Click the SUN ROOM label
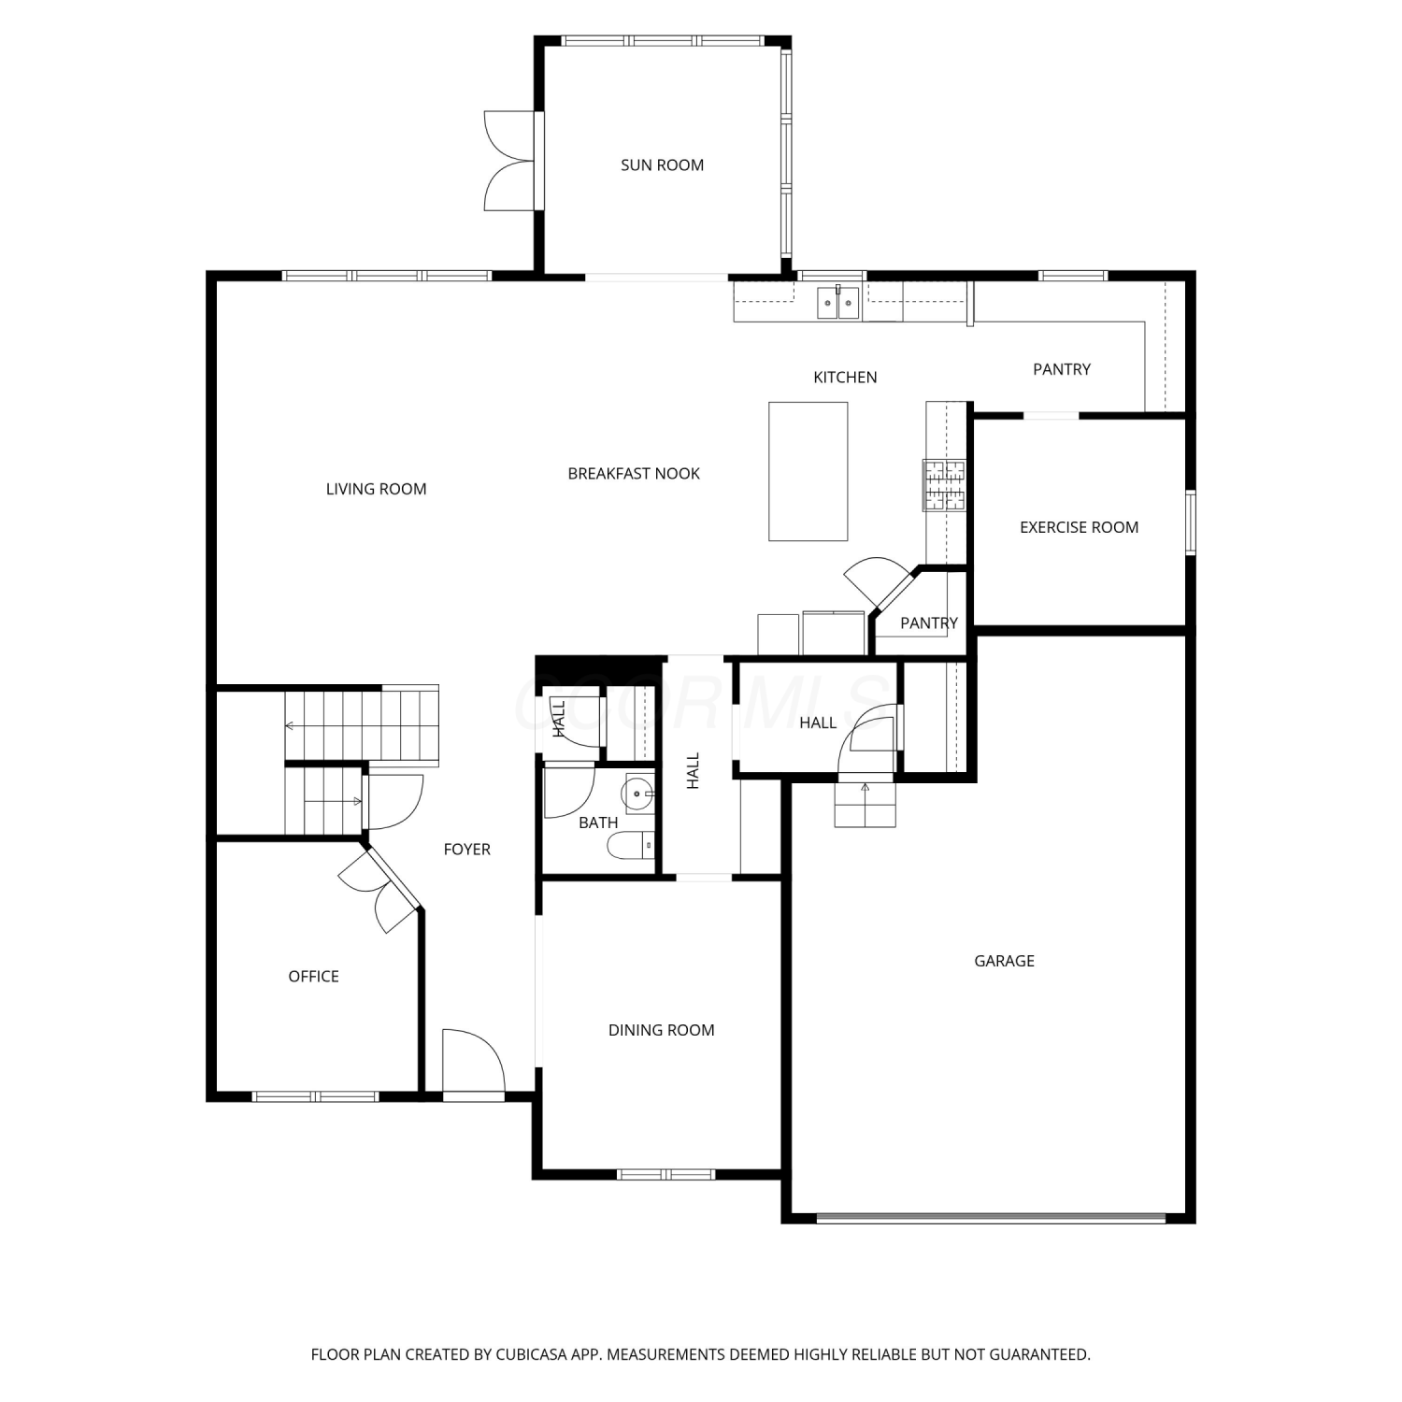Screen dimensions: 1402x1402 pyautogui.click(x=662, y=165)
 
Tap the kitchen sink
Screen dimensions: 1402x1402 pyautogui.click(x=837, y=303)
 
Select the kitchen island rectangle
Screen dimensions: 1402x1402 pyautogui.click(x=808, y=471)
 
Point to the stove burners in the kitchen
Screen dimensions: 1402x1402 pyautogui.click(x=944, y=485)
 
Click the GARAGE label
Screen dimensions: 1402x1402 pyautogui.click(x=1004, y=961)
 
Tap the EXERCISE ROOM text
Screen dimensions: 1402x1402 pyautogui.click(x=1079, y=527)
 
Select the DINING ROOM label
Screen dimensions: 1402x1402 pyautogui.click(x=661, y=1030)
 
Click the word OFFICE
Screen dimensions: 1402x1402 pyautogui.click(x=313, y=977)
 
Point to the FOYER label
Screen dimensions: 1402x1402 pyautogui.click(x=466, y=850)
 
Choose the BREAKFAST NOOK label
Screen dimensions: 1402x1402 pyautogui.click(x=634, y=474)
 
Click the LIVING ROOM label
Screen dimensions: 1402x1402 pyautogui.click(x=376, y=489)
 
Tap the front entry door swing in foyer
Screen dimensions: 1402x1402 pyautogui.click(x=474, y=1064)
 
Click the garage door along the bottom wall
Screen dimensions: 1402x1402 pyautogui.click(x=991, y=1218)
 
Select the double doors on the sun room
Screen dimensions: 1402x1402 pyautogui.click(x=510, y=161)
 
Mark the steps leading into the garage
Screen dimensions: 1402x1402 pyautogui.click(x=866, y=805)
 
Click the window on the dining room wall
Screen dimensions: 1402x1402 pyautogui.click(x=665, y=1174)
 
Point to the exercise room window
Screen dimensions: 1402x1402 pyautogui.click(x=1191, y=522)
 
